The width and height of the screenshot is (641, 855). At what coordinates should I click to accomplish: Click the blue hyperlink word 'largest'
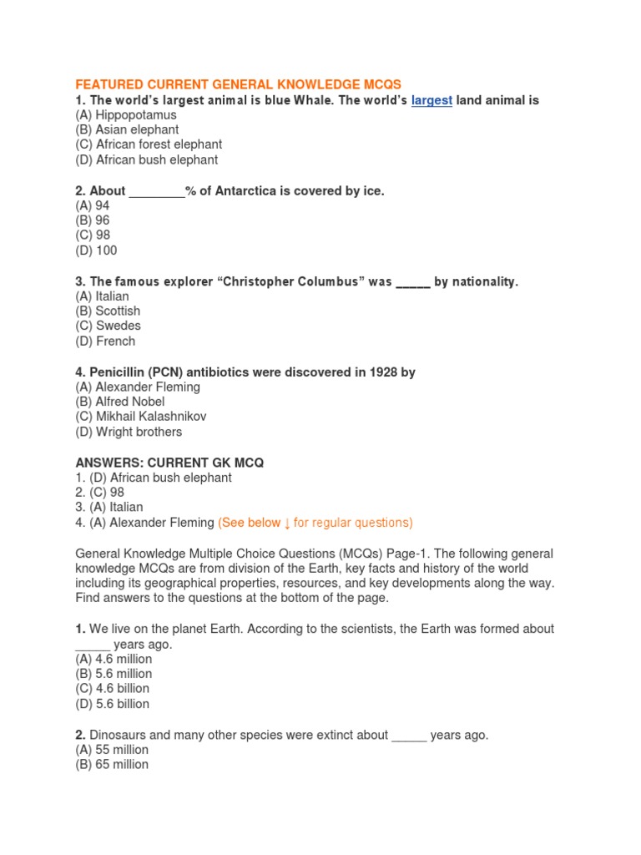[x=432, y=100]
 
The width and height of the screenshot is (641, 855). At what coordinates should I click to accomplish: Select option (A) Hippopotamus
[x=125, y=115]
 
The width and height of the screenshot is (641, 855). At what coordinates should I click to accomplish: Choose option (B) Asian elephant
[x=127, y=130]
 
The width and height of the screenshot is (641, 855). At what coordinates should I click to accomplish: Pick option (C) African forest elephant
[x=149, y=145]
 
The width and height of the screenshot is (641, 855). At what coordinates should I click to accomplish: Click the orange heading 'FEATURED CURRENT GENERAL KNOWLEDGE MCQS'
[x=238, y=85]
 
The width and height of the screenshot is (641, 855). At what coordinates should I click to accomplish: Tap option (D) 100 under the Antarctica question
[x=97, y=250]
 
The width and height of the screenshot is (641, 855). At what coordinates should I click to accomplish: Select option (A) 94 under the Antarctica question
[x=93, y=205]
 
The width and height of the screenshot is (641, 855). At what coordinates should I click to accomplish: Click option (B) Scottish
[x=108, y=311]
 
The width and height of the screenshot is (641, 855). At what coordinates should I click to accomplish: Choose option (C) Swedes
[x=109, y=326]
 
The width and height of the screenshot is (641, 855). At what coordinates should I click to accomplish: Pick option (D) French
[x=105, y=341]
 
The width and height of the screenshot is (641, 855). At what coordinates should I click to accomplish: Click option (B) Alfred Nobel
[x=120, y=402]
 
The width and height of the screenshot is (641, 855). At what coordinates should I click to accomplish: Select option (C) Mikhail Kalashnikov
[x=140, y=417]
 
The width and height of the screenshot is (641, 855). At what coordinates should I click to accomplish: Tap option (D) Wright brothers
[x=129, y=433]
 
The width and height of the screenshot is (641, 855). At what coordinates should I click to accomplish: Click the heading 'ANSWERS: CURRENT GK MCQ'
[x=170, y=463]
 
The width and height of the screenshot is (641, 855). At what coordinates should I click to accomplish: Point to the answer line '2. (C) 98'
[x=99, y=493]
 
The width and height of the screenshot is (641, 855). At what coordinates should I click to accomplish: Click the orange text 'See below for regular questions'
[x=315, y=523]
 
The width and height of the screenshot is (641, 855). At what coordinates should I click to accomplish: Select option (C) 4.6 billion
[x=113, y=689]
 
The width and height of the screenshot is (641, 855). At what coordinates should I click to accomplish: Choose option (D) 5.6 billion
[x=113, y=704]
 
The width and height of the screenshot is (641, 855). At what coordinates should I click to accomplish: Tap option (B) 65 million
[x=112, y=764]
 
